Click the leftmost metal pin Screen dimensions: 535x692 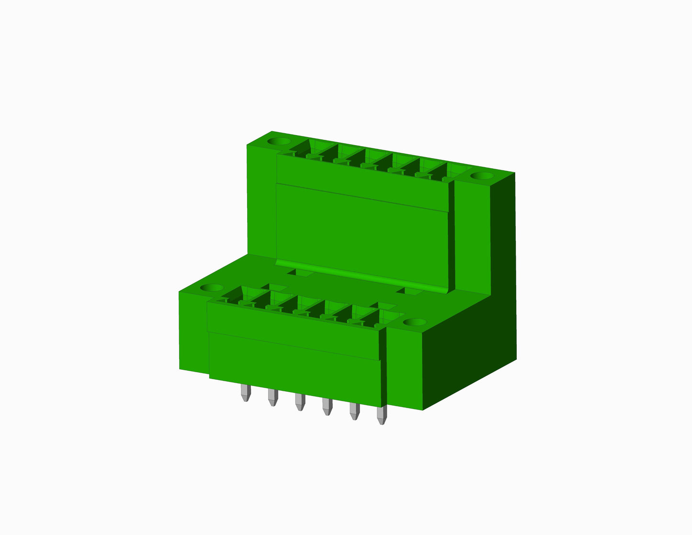[x=246, y=393]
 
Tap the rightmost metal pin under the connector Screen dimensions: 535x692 [x=381, y=415]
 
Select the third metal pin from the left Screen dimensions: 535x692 [x=300, y=402]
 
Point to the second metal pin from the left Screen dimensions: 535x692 [x=272, y=398]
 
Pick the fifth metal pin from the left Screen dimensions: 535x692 [x=354, y=411]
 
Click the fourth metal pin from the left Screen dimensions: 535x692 [x=327, y=407]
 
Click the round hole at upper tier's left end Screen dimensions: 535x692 [x=278, y=142]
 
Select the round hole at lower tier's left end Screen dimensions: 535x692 [x=211, y=288]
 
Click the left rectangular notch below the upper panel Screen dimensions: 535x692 [x=300, y=273]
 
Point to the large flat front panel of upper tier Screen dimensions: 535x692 [x=362, y=235]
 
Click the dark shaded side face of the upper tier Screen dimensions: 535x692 [x=503, y=239]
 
